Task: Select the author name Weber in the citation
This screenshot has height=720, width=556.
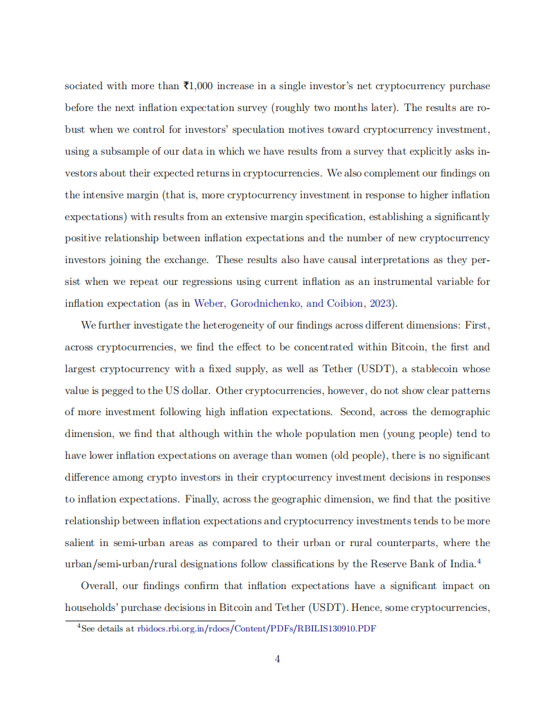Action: point(209,304)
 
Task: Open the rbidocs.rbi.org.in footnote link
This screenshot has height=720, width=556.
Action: point(256,629)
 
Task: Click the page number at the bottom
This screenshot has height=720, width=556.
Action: point(277,659)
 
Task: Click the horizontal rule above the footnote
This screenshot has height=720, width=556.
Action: point(150,620)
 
